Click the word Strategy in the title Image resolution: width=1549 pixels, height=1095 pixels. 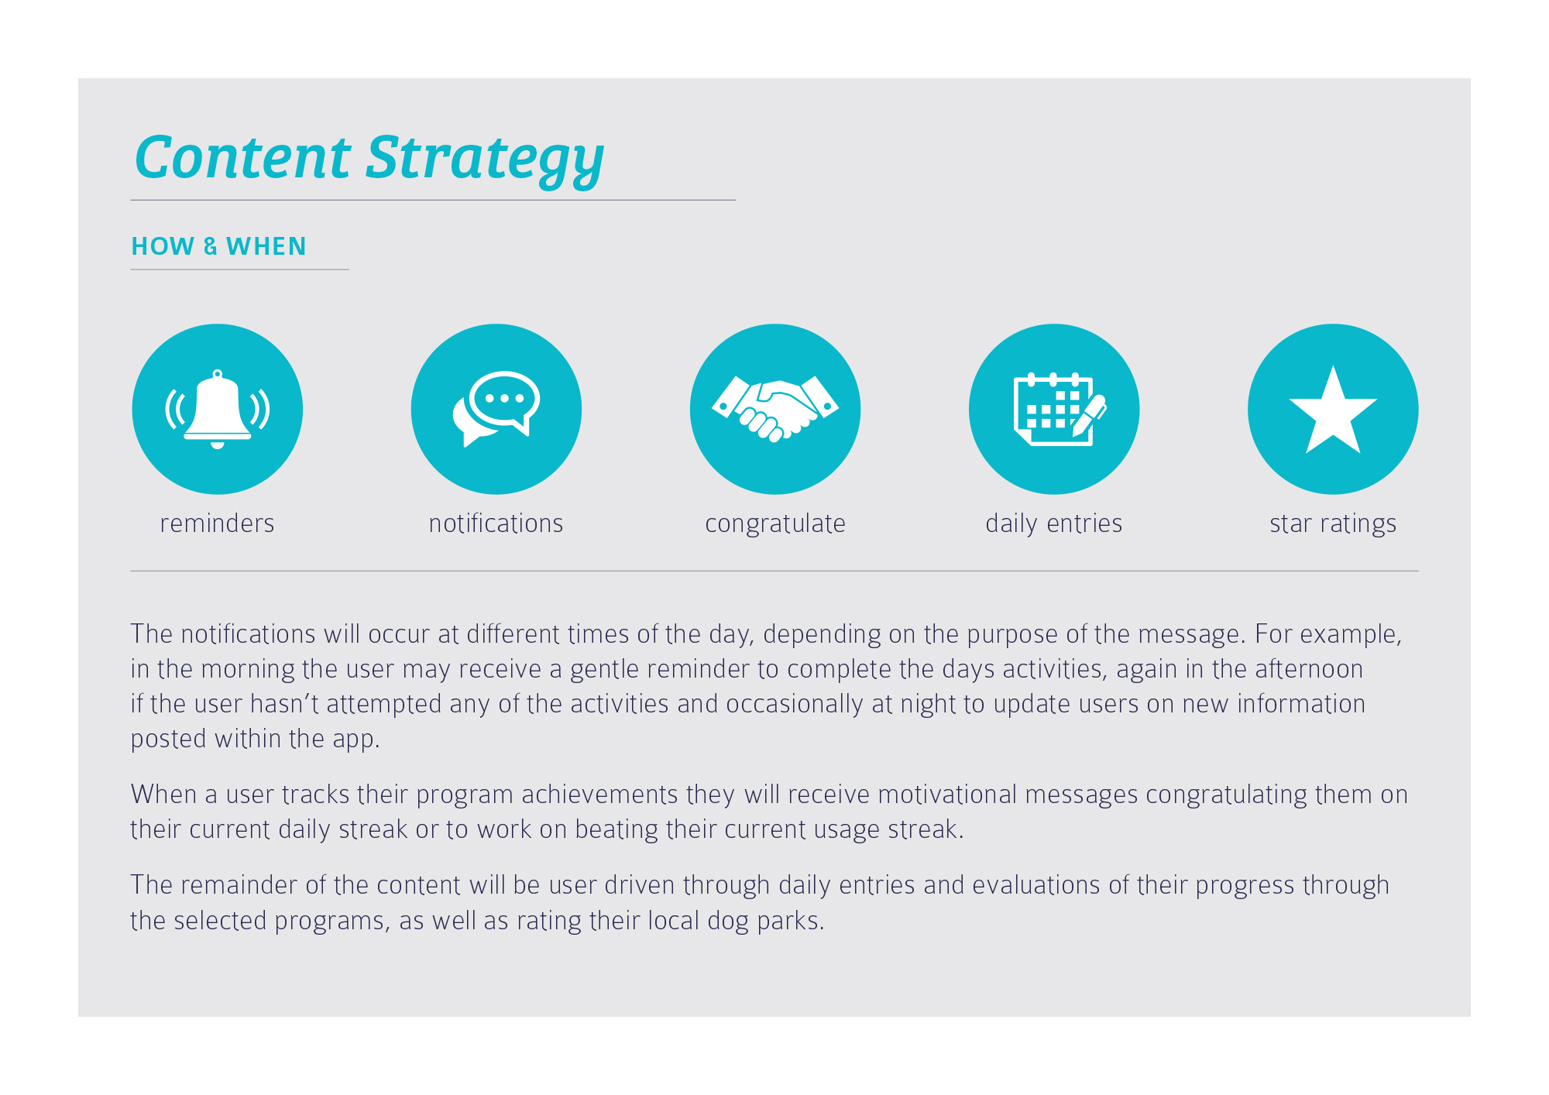point(485,160)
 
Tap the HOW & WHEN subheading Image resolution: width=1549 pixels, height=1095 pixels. point(219,246)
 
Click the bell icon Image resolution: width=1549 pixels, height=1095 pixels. point(218,409)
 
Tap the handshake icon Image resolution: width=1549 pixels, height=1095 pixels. point(775,408)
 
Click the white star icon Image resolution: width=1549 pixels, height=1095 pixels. point(1333,410)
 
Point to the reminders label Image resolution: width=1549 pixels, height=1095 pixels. point(218,523)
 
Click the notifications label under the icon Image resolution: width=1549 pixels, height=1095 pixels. point(496,523)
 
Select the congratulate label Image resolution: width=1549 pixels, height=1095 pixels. point(775,524)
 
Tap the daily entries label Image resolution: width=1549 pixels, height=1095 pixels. point(1054,524)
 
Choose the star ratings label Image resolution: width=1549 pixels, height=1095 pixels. point(1333,524)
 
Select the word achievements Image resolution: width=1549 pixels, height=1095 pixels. point(599,795)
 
